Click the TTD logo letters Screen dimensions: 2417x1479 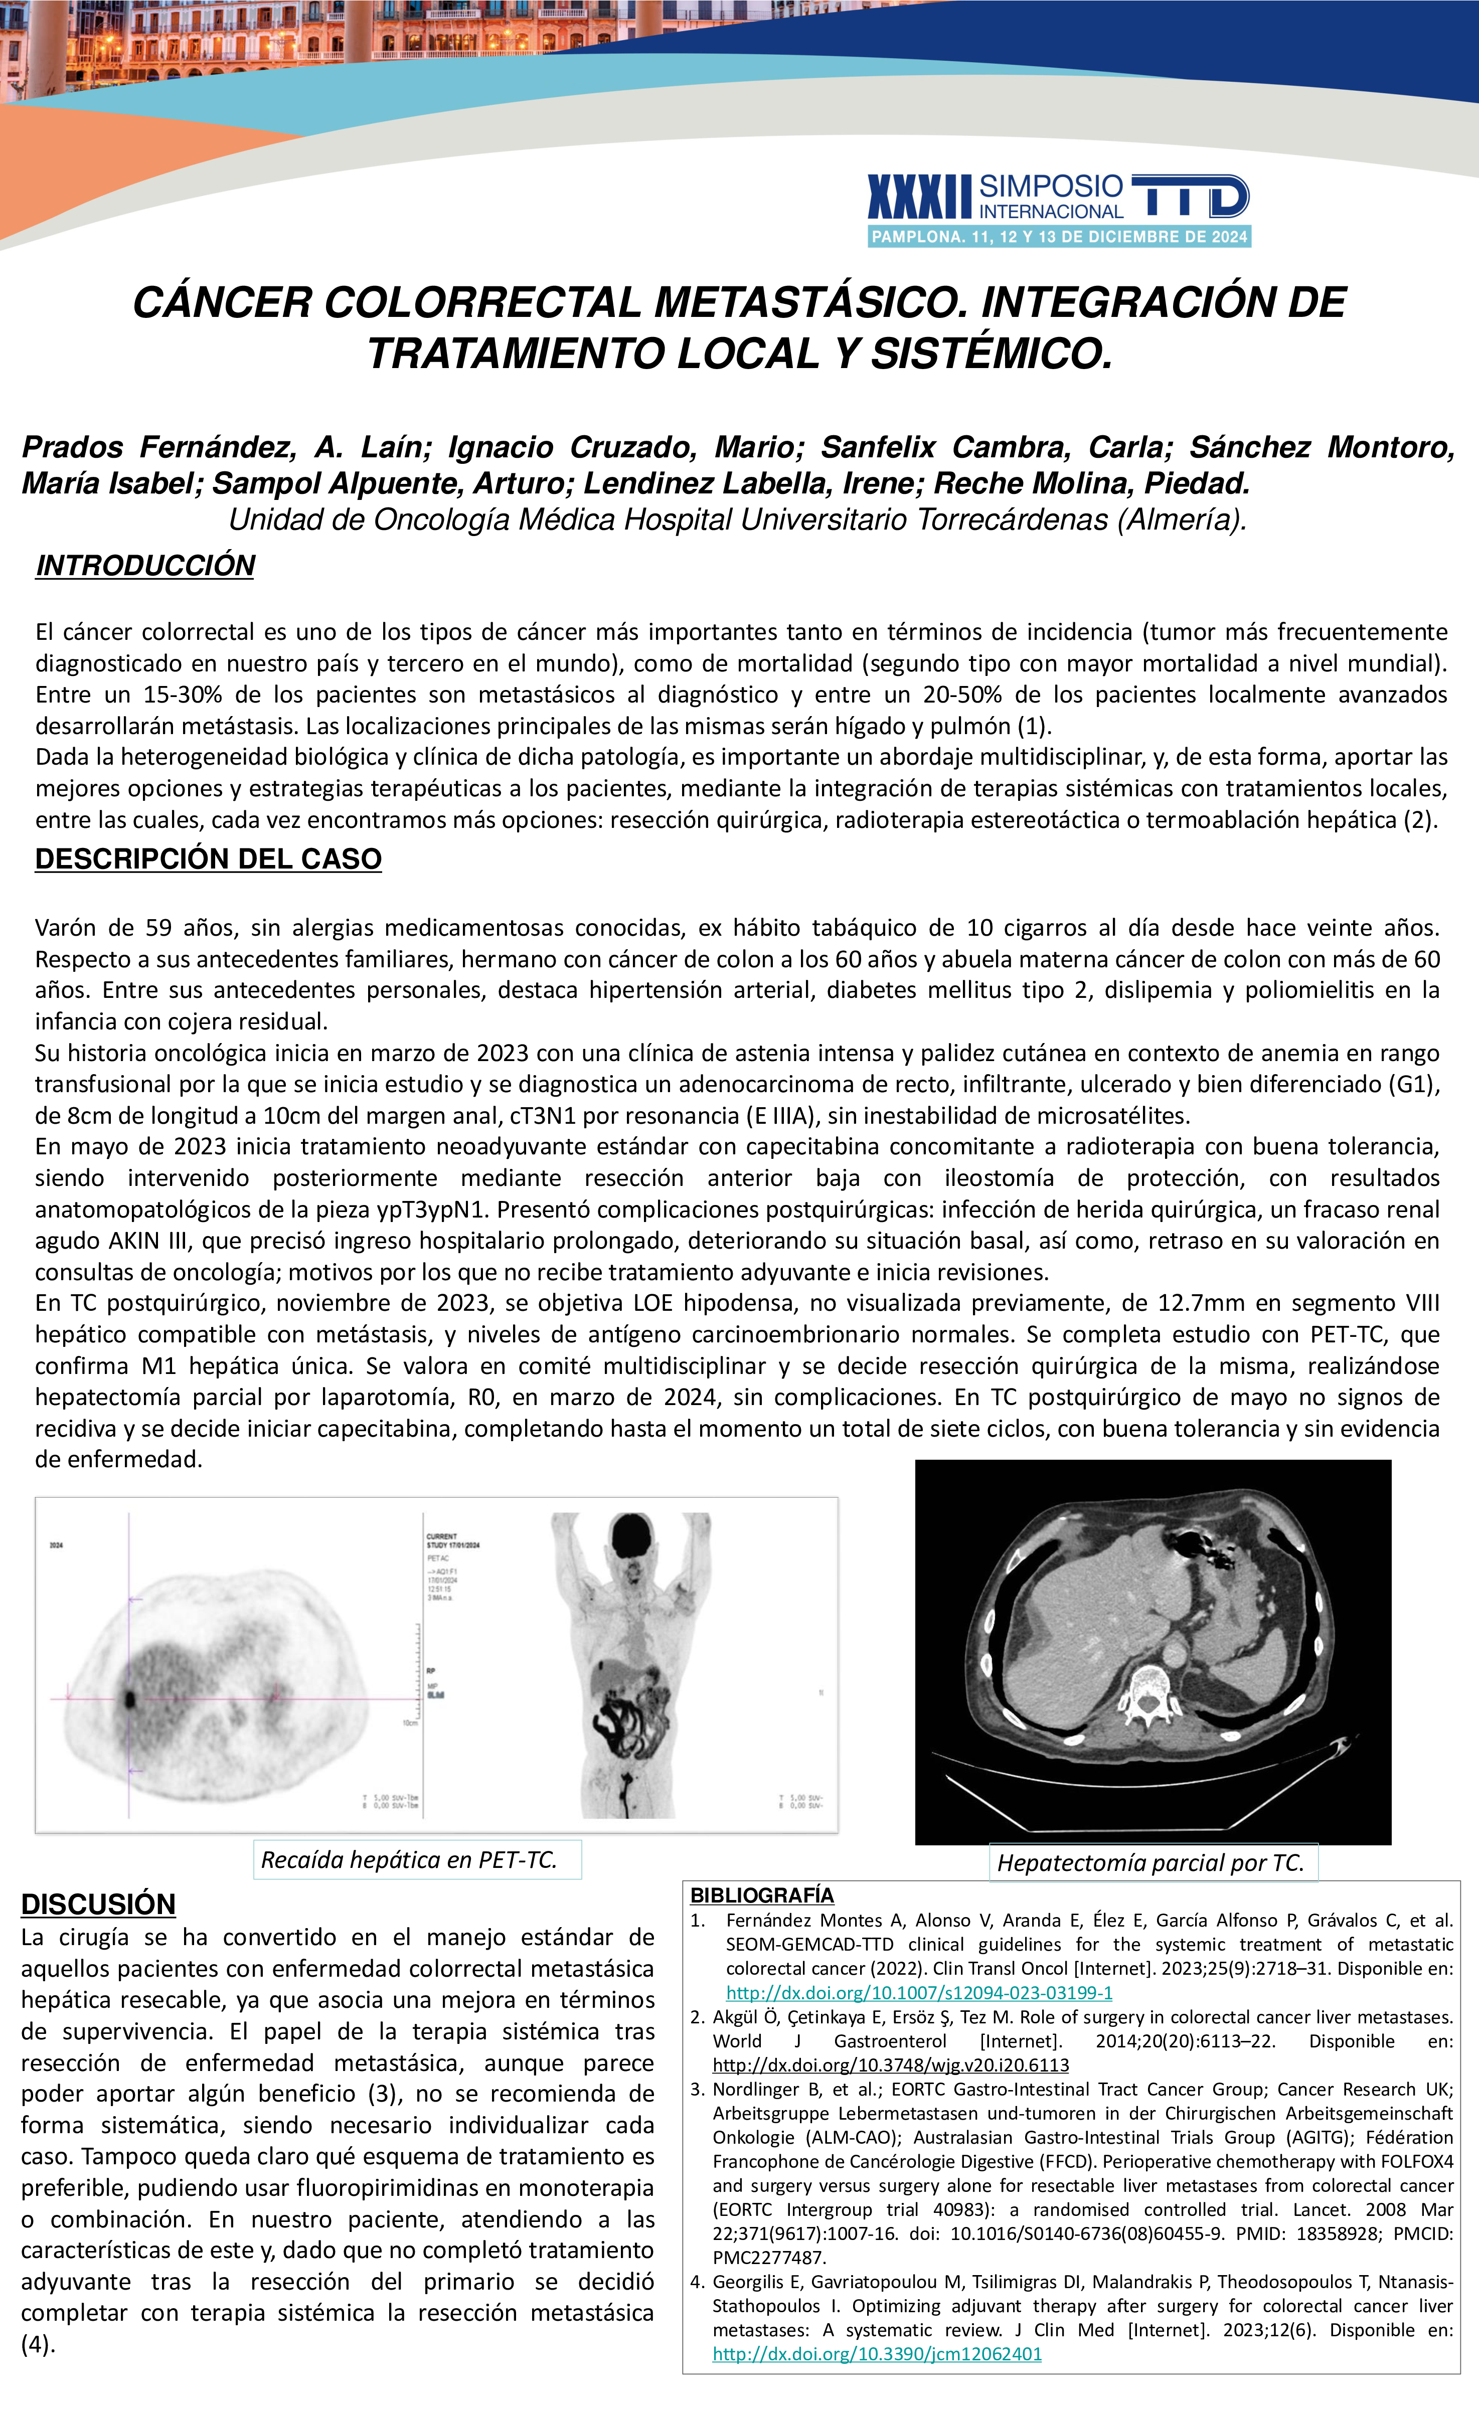[1190, 196]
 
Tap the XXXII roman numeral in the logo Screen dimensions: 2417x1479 [919, 196]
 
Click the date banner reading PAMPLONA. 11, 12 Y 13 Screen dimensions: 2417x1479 [1059, 236]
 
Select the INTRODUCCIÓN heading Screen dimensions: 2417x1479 [145, 566]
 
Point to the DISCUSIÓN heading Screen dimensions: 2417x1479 [98, 1904]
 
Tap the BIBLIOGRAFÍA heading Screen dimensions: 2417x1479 [762, 1895]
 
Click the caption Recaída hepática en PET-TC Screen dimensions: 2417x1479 [409, 1860]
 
